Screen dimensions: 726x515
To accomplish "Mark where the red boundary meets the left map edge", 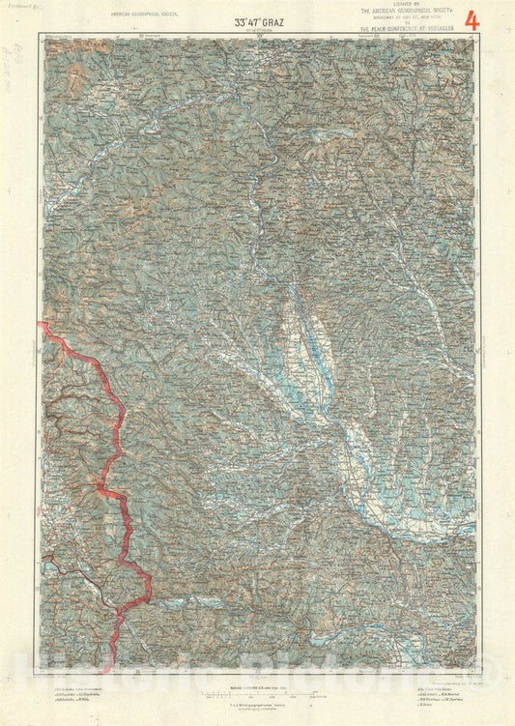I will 43,325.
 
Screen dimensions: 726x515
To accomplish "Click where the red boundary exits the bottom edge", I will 117,668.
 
